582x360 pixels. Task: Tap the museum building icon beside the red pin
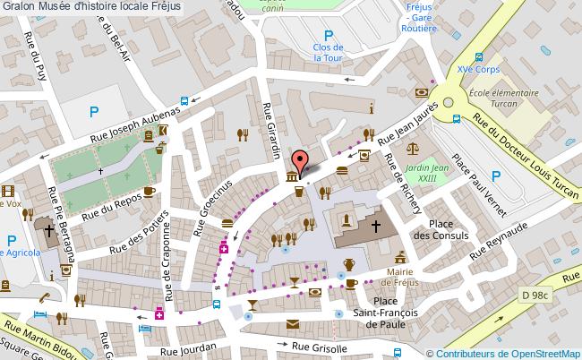point(292,178)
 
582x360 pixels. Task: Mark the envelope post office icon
point(294,324)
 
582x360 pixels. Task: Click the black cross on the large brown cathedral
point(376,226)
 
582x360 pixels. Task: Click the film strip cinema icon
point(7,191)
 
